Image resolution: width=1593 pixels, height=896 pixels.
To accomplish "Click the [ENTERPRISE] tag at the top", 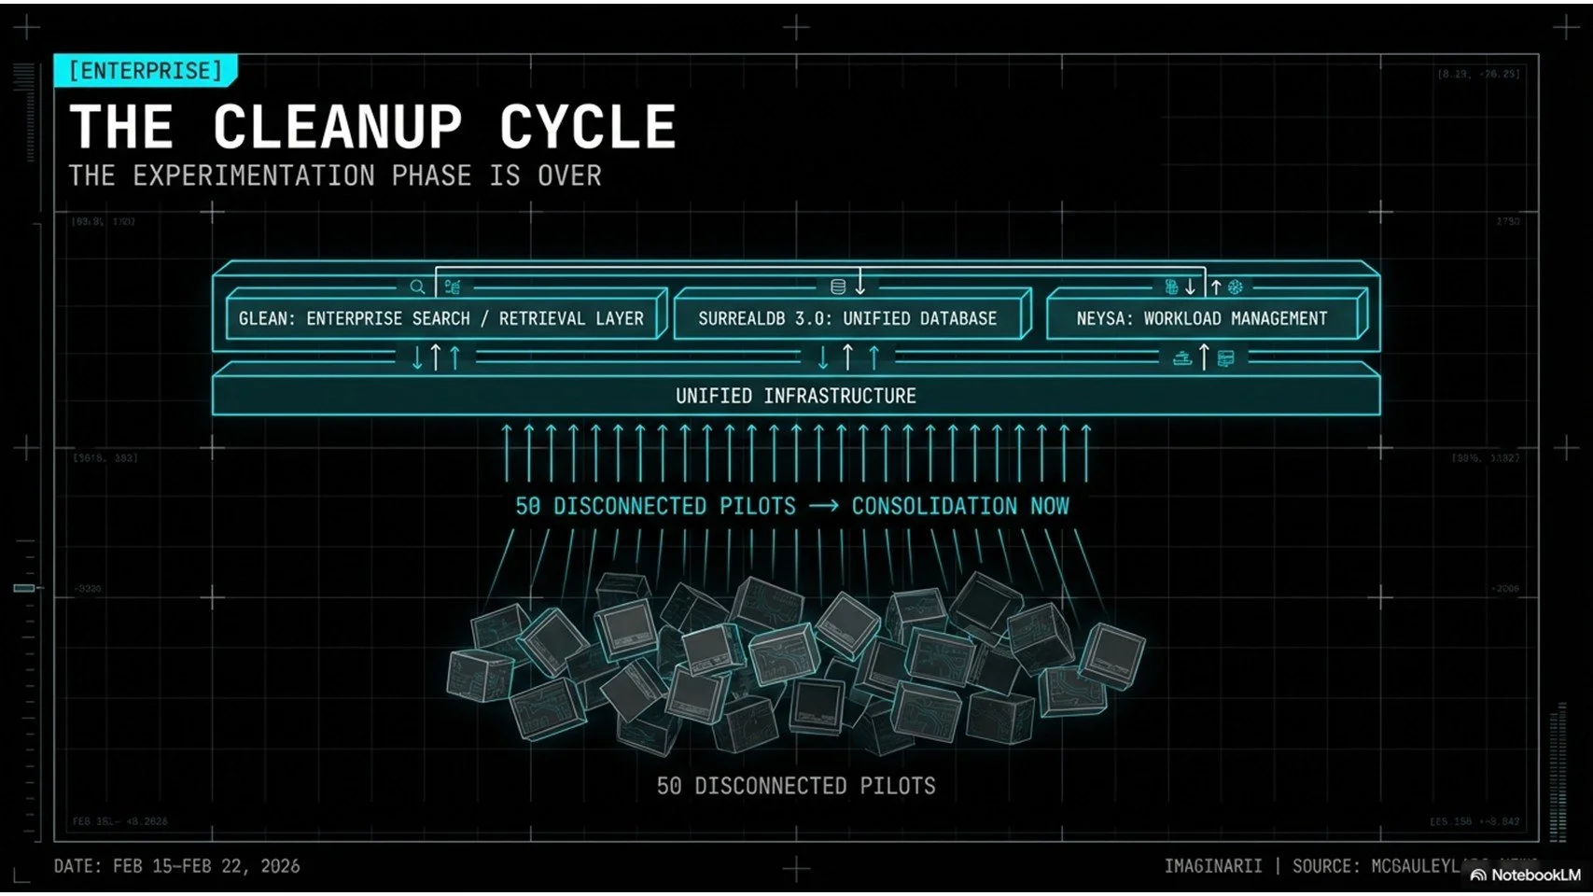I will pyautogui.click(x=146, y=71).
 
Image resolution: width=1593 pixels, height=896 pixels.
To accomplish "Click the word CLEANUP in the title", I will pyautogui.click(x=337, y=127).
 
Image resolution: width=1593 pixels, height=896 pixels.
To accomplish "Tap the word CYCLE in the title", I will pyautogui.click(x=587, y=127).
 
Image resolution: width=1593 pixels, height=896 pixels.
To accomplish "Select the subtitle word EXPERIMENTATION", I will pyautogui.click(x=253, y=175).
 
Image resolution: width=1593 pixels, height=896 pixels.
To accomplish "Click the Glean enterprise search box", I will pyautogui.click(x=441, y=318).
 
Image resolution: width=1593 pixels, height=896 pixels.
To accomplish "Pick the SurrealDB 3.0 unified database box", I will pyautogui.click(x=847, y=318).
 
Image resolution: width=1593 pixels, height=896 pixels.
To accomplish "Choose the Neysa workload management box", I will pyautogui.click(x=1202, y=318).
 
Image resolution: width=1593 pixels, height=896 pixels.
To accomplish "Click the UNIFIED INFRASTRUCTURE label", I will pyautogui.click(x=796, y=396).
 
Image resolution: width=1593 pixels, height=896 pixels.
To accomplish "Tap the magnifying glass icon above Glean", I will pyautogui.click(x=417, y=287).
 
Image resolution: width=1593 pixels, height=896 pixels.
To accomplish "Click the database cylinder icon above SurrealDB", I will pyautogui.click(x=838, y=287).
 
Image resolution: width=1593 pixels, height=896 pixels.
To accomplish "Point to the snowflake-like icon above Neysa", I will pyautogui.click(x=1236, y=287).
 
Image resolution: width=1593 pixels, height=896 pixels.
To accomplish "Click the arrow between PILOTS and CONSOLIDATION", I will pyautogui.click(x=823, y=506).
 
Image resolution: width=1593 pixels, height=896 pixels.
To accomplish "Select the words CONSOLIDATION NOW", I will pyautogui.click(x=960, y=506).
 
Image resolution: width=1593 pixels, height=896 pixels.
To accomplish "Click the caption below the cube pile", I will pyautogui.click(x=796, y=786).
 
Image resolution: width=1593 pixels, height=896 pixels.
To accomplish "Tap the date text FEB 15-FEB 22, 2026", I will pyautogui.click(x=206, y=866).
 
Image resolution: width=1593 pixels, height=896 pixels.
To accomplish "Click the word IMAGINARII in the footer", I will pyautogui.click(x=1212, y=866).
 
